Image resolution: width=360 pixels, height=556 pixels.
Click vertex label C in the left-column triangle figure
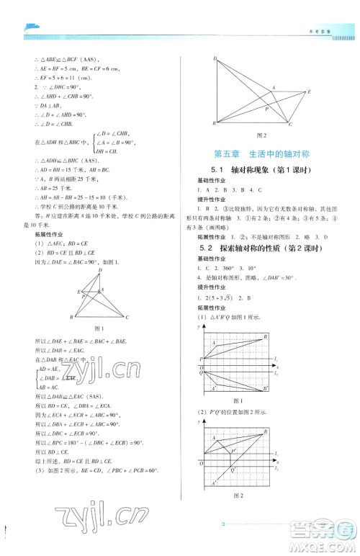(x=127, y=317)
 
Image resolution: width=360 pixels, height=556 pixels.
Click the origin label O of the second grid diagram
(x=202, y=463)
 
